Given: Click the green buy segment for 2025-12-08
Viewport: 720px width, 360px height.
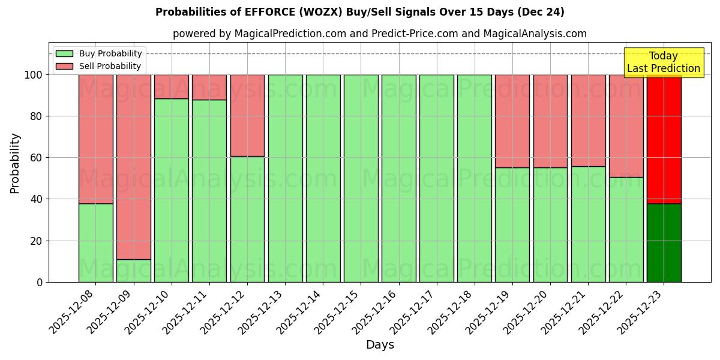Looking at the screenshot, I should point(95,242).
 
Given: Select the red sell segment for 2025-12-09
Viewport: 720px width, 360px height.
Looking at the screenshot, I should point(133,167).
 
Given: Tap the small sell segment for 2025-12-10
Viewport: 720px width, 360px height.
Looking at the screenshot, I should point(172,86).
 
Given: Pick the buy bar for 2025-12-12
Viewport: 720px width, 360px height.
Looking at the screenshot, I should point(247,219).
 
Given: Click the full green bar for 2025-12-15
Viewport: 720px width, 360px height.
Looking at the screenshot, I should point(361,178).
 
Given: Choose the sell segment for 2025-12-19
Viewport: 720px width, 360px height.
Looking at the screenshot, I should point(512,121).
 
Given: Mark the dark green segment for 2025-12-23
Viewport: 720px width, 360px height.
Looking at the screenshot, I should point(664,242).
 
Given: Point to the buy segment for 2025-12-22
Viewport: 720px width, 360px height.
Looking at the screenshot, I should point(626,229).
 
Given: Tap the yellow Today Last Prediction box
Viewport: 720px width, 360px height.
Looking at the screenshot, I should point(663,62).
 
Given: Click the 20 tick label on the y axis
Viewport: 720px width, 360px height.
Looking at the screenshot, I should point(37,241).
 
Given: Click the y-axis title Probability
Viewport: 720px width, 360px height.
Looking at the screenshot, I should point(15,163).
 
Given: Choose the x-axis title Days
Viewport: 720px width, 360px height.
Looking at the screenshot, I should point(380,345).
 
